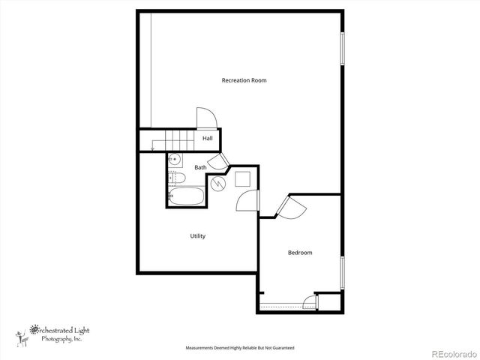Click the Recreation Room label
[x=244, y=80]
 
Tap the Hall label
[x=208, y=139]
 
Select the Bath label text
[x=200, y=167]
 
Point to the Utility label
[x=197, y=236]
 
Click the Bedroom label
[x=300, y=253]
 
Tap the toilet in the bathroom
[x=177, y=178]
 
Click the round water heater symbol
[x=217, y=183]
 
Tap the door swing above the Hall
[x=206, y=118]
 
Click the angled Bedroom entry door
[x=289, y=208]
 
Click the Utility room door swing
[x=247, y=201]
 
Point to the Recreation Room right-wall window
[x=343, y=49]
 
